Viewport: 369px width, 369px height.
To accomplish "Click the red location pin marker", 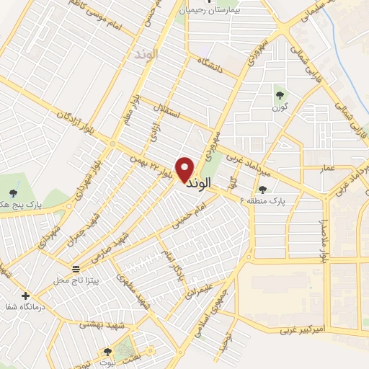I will pos(186,169).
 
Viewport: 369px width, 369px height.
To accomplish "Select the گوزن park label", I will pos(279,107).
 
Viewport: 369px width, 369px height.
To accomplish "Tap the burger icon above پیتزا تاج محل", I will pos(76,269).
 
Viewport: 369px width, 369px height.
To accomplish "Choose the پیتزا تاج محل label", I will pos(76,278).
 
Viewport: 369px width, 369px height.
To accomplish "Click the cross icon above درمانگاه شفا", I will pos(26,295).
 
